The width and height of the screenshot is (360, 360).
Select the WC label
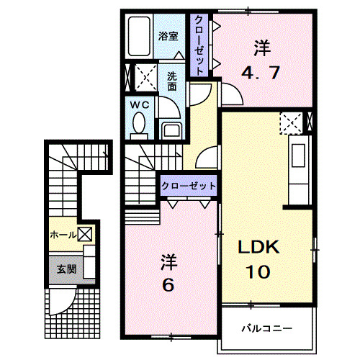coord(140,104)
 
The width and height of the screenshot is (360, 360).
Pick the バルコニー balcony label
coord(267,328)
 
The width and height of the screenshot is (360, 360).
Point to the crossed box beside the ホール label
coord(84,233)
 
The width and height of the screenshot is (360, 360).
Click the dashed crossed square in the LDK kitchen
coord(292,123)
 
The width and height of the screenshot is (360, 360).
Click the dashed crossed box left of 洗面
coord(147,76)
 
